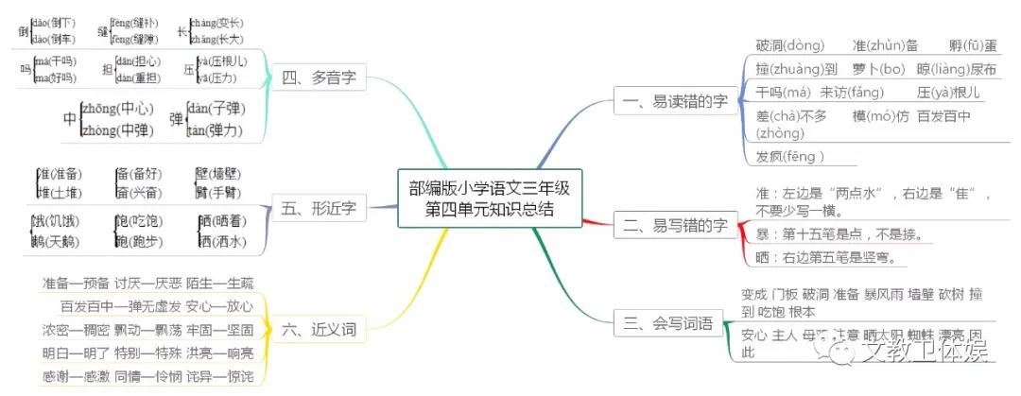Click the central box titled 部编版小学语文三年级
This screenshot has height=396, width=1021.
[x=490, y=198]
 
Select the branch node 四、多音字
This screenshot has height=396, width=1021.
[x=319, y=77]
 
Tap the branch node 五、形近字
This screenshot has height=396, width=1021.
[x=319, y=205]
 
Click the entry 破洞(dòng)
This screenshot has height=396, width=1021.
[x=790, y=45]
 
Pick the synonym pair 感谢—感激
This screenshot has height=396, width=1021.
[x=75, y=376]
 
